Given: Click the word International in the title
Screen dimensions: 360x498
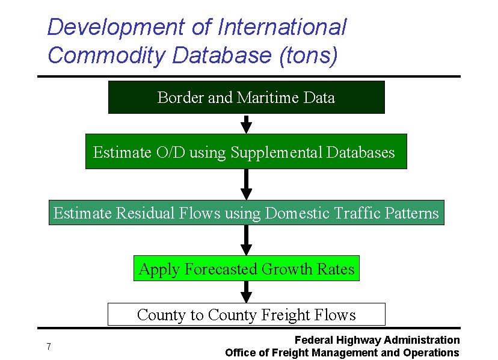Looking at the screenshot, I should (282, 27).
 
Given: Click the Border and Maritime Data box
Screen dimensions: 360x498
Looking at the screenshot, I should (246, 98).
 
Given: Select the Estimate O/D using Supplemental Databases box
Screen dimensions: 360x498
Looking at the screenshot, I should (246, 152).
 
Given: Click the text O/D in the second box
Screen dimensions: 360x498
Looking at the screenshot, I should (171, 152).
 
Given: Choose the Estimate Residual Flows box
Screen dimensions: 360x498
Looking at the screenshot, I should (246, 213).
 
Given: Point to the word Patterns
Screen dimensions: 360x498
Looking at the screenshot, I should (411, 213).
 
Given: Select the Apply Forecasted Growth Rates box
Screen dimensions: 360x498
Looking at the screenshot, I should (246, 268).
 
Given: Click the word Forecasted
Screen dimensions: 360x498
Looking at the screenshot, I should (224, 269).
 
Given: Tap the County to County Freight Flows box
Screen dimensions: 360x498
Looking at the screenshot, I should (246, 314).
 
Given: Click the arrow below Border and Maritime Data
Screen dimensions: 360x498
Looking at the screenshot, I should (246, 124).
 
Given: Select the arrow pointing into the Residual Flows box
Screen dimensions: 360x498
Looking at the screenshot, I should (246, 185).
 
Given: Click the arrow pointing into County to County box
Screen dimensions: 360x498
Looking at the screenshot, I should (246, 293).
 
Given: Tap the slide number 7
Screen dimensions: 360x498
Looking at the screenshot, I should (48, 346).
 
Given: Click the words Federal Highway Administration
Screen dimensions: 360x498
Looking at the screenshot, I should (377, 340).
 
